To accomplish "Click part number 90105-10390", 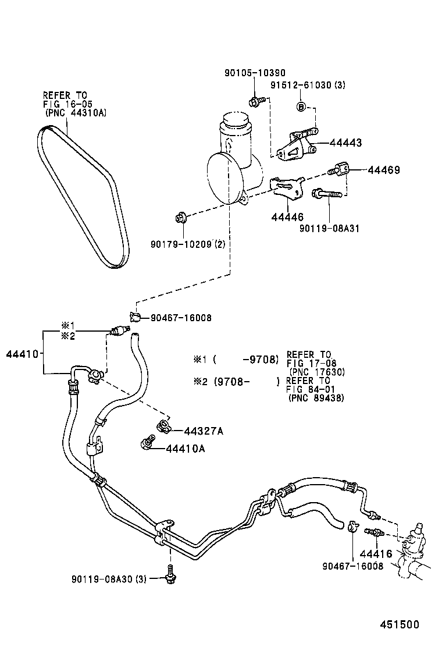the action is pyautogui.click(x=255, y=73).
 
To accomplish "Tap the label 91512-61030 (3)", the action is pyautogui.click(x=308, y=85).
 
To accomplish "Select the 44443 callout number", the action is pyautogui.click(x=345, y=143).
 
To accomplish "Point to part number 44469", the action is pyautogui.click(x=383, y=169).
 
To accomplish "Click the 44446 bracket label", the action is pyautogui.click(x=287, y=216).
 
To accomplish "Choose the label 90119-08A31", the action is pyautogui.click(x=329, y=228).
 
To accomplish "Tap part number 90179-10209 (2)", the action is pyautogui.click(x=188, y=244).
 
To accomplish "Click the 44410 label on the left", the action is pyautogui.click(x=22, y=354).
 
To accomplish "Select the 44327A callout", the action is pyautogui.click(x=204, y=431).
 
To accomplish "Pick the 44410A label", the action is pyautogui.click(x=186, y=449).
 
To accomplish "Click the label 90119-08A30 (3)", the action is pyautogui.click(x=109, y=580).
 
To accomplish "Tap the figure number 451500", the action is pyautogui.click(x=399, y=624).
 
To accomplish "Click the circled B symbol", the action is pyautogui.click(x=301, y=106).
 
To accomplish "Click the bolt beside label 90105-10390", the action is pyautogui.click(x=254, y=100).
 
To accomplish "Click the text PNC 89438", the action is pyautogui.click(x=316, y=398).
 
